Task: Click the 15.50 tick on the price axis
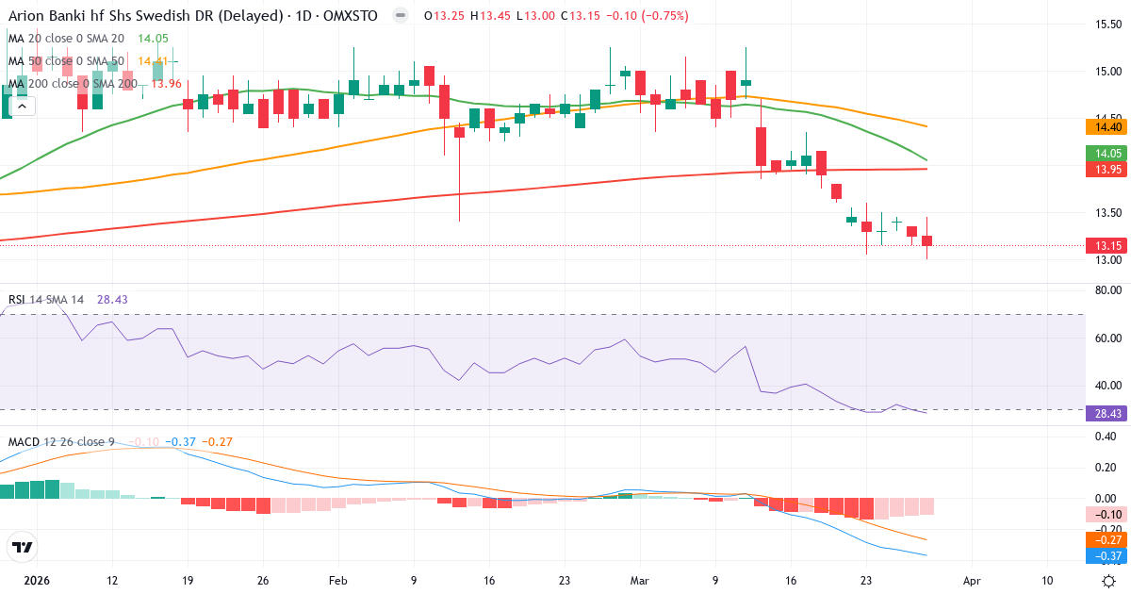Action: [x=1106, y=25]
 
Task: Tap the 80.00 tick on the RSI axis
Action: [x=1106, y=291]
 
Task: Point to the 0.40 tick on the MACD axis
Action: [x=1104, y=437]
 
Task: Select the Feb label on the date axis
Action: [x=338, y=581]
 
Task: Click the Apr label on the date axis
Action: [x=972, y=581]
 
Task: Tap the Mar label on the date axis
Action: [x=640, y=581]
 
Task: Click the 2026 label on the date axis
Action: [x=37, y=581]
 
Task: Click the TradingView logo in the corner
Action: [x=23, y=547]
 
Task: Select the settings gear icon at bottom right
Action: [x=1109, y=581]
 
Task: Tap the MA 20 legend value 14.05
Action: [x=153, y=39]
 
